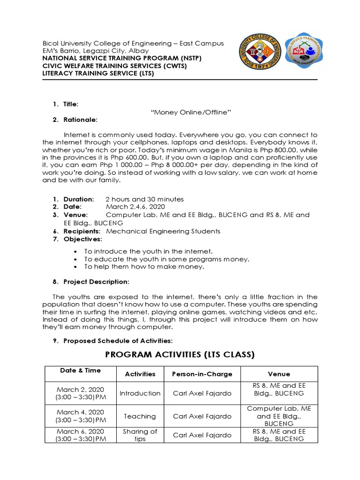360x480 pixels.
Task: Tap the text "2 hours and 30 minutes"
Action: pyautogui.click(x=144, y=199)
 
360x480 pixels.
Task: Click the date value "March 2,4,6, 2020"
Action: pyautogui.click(x=135, y=207)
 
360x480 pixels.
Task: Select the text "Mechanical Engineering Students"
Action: pyautogui.click(x=163, y=231)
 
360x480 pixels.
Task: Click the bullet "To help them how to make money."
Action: pyautogui.click(x=144, y=267)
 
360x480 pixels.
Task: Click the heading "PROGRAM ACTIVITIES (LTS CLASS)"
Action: pyautogui.click(x=180, y=355)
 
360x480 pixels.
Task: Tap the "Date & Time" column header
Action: pyautogui.click(x=80, y=370)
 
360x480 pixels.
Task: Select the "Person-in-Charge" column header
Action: pyautogui.click(x=202, y=374)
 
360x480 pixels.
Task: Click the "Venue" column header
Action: pyautogui.click(x=278, y=374)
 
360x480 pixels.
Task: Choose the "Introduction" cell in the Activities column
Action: pyautogui.click(x=140, y=393)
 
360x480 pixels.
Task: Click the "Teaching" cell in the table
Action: pyautogui.click(x=140, y=416)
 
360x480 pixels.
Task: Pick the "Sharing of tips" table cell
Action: pyautogui.click(x=140, y=435)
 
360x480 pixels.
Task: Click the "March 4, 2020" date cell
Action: pyautogui.click(x=80, y=412)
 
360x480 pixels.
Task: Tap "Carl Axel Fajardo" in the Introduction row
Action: pyautogui.click(x=202, y=393)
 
